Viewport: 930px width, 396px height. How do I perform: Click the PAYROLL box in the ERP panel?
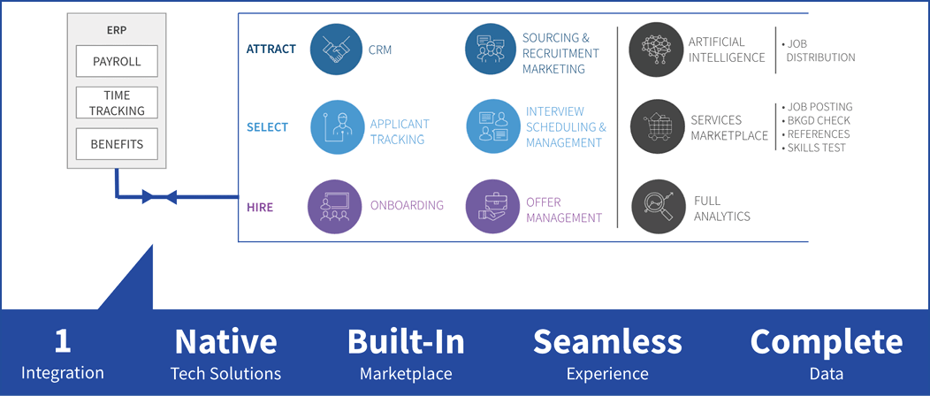pos(117,62)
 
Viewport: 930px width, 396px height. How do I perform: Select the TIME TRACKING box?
pos(117,103)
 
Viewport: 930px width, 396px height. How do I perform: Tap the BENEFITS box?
pos(117,143)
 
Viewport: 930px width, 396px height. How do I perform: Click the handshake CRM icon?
pos(336,49)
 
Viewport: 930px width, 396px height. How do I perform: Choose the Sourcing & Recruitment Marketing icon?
pos(492,49)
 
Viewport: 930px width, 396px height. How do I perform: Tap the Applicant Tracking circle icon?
pos(336,126)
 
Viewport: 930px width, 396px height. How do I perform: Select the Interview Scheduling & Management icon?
pos(492,126)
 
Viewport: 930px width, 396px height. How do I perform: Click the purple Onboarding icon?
pos(334,206)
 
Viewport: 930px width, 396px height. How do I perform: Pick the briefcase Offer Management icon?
pos(492,206)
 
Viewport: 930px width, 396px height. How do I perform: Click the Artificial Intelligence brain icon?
pos(655,49)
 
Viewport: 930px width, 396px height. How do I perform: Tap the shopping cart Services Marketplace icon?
pos(657,127)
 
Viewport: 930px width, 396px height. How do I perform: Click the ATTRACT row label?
pos(271,49)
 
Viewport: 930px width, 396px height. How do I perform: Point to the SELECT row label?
pos(268,127)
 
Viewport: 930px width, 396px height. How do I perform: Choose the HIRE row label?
pos(259,206)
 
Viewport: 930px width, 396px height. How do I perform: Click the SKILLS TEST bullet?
pos(813,148)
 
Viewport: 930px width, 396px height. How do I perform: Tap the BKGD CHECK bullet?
pos(815,120)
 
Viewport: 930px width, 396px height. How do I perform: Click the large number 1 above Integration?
pos(62,342)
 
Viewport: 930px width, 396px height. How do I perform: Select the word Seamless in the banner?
pos(607,342)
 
